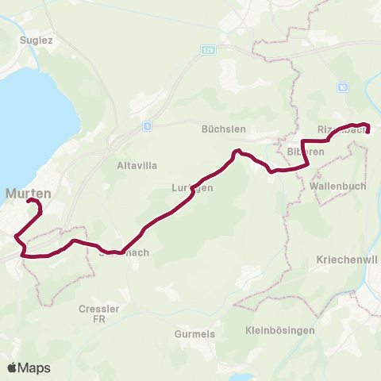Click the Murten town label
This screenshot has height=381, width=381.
[x=29, y=193]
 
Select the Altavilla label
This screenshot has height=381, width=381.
[x=134, y=166]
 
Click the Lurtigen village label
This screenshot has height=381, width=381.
[x=192, y=188]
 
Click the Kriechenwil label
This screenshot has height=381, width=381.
[x=346, y=260]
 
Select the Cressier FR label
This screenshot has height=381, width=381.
[x=98, y=313]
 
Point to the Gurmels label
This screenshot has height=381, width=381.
[x=194, y=334]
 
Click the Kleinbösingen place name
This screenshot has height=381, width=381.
[x=280, y=329]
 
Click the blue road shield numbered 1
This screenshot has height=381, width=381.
[x=147, y=126]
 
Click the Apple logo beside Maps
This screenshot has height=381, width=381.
[x=12, y=368]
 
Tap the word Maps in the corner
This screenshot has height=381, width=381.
[x=34, y=368]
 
